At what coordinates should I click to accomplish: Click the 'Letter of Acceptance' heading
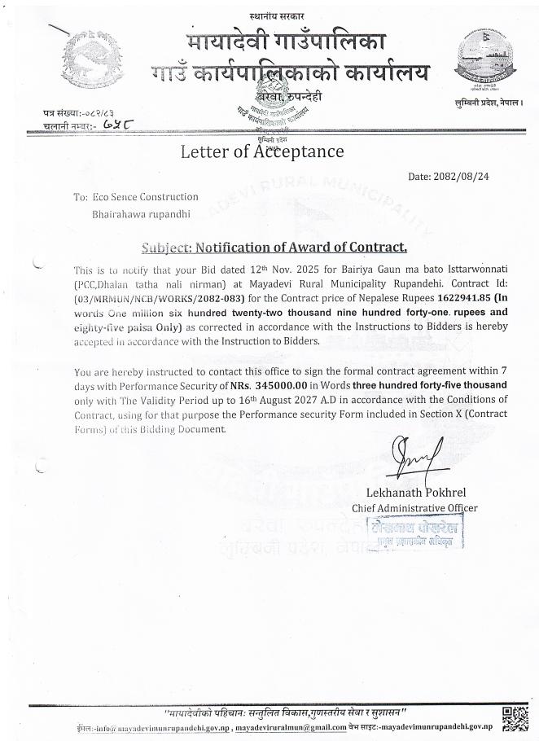click(x=261, y=151)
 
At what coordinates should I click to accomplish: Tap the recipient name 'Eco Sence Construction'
click(x=146, y=197)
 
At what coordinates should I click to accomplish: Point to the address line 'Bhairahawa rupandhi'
click(x=141, y=214)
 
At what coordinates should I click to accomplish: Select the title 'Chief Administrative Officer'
click(x=414, y=508)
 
